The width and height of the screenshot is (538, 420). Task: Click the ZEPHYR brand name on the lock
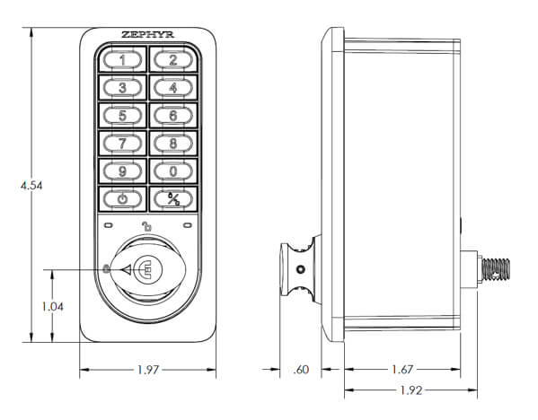pos(148,35)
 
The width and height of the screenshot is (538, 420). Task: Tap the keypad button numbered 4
pos(173,88)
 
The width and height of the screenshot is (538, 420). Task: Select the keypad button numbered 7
pos(122,144)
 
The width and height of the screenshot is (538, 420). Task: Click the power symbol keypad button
pos(122,199)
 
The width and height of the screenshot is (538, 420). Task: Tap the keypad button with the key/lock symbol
pos(173,199)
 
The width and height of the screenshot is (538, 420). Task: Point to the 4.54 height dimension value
pos(31,186)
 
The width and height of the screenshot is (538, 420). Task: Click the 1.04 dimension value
pos(52,306)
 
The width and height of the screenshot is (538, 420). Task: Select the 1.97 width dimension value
pos(148,370)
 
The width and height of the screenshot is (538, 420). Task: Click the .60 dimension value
pos(301,370)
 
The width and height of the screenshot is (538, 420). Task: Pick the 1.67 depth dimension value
pos(402,370)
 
